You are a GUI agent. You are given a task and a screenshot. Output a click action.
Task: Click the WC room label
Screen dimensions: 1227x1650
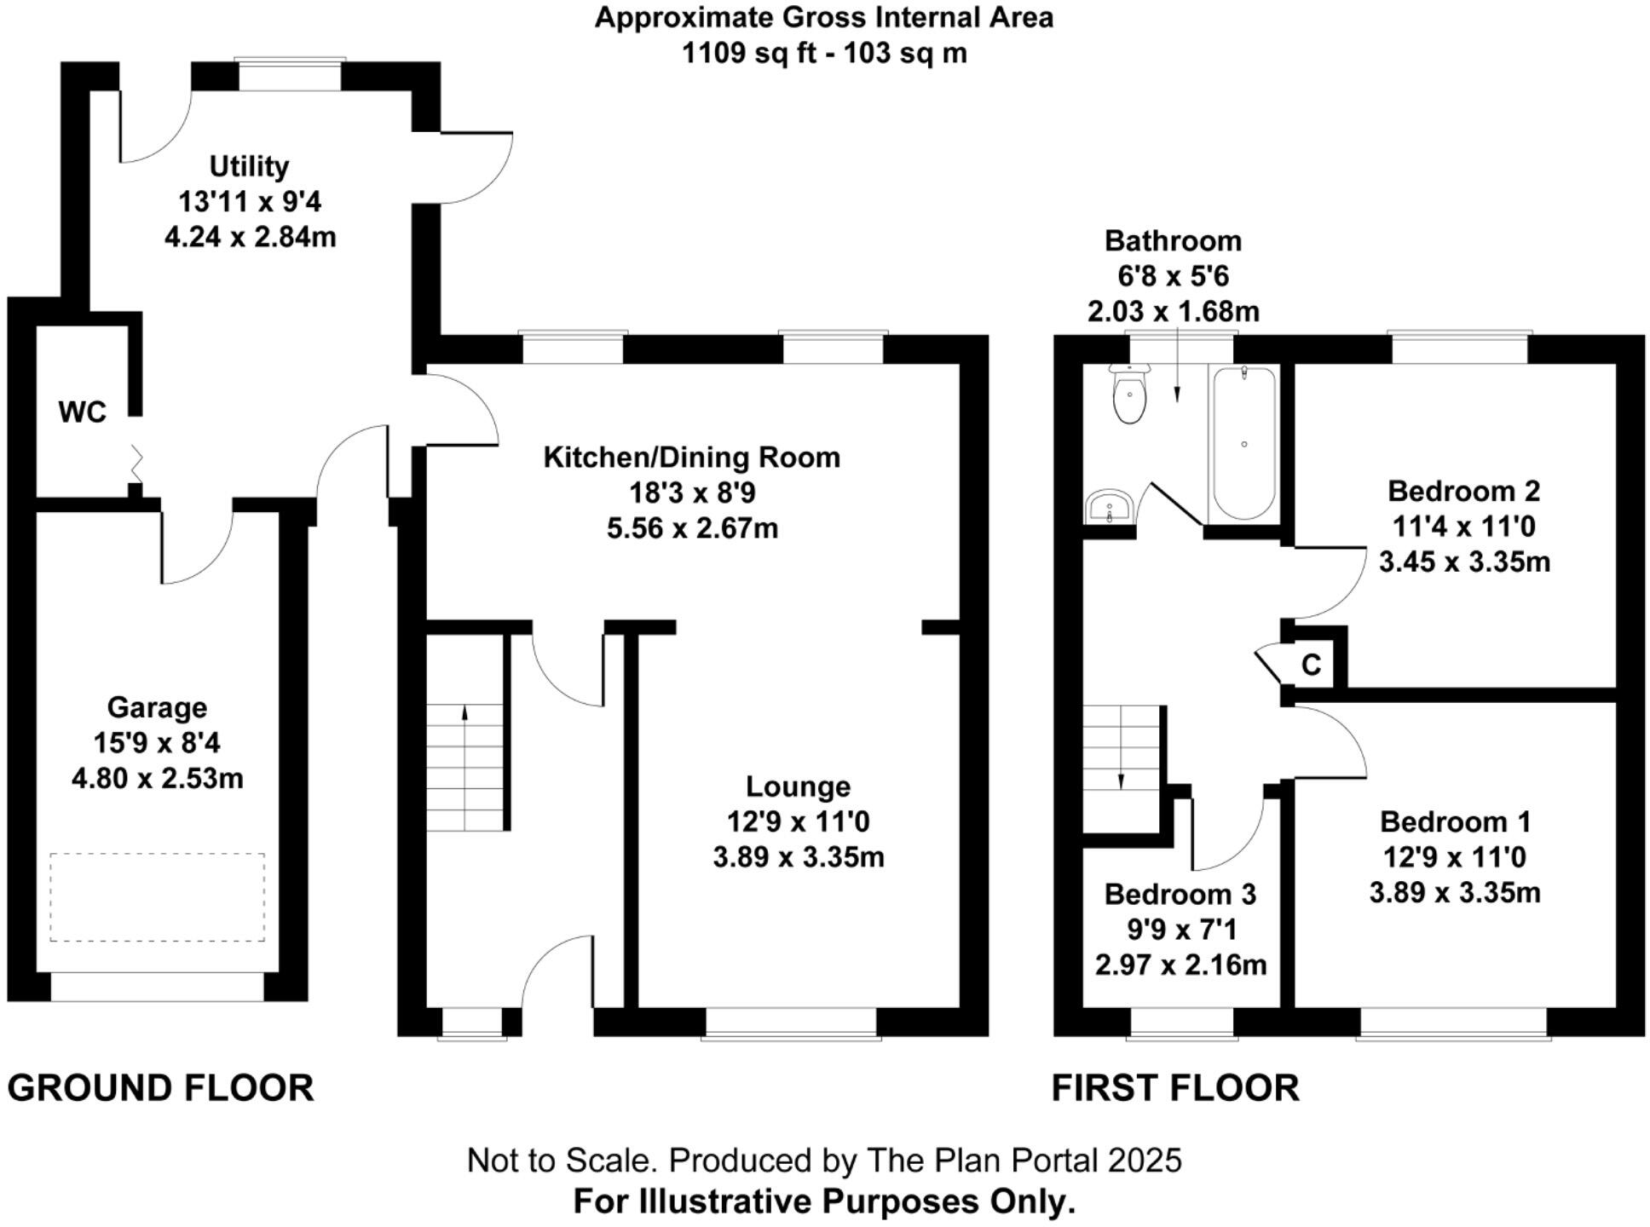(x=82, y=412)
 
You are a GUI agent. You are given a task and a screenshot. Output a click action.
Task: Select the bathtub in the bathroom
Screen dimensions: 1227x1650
(x=1243, y=443)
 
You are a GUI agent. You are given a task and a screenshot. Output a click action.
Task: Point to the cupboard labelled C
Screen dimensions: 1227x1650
(x=1312, y=665)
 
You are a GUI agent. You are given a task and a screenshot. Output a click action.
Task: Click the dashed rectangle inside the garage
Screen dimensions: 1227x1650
(x=157, y=897)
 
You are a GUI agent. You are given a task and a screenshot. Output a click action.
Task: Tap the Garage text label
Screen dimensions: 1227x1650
(x=157, y=707)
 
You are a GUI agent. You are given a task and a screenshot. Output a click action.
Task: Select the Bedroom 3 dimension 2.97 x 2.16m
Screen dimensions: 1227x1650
(x=1180, y=965)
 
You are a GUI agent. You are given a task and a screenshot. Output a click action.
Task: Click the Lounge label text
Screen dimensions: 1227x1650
(x=798, y=786)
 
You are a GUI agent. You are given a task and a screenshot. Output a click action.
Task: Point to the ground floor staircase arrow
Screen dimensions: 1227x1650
(x=464, y=712)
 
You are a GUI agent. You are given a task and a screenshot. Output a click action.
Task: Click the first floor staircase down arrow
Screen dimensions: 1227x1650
(x=1120, y=781)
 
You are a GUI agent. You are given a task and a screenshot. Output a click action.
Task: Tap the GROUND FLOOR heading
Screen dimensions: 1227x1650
(x=160, y=1089)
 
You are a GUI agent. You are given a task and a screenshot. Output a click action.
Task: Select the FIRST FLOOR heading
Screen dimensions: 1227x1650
(x=1175, y=1089)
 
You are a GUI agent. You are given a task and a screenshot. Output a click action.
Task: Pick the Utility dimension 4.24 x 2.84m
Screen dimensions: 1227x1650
(x=250, y=237)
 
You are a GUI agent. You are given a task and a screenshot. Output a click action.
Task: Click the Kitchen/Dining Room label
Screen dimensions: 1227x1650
(x=691, y=458)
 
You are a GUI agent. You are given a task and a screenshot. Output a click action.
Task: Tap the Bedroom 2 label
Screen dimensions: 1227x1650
(x=1463, y=491)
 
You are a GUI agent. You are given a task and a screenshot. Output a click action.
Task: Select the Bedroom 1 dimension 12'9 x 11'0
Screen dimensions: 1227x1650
(x=1454, y=857)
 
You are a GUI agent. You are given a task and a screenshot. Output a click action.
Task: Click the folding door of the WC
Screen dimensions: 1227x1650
(x=136, y=462)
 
